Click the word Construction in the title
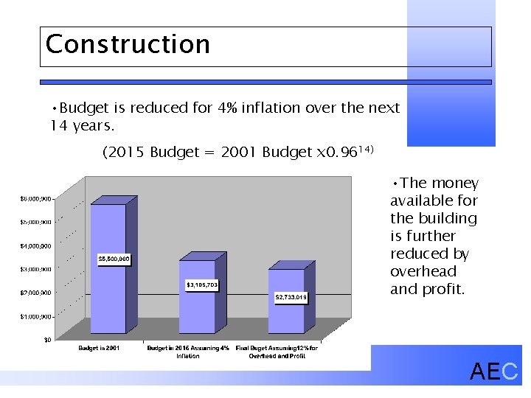[x=128, y=44]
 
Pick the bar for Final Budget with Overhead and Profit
[x=286, y=310]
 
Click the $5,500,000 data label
[x=114, y=259]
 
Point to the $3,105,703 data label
[x=201, y=284]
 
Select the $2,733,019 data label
[x=291, y=297]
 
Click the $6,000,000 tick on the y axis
[x=35, y=198]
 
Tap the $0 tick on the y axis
[x=46, y=340]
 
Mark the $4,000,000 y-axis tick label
[x=35, y=245]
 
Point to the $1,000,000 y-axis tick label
[x=35, y=316]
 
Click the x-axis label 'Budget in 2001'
[x=99, y=348]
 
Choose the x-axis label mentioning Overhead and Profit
[x=277, y=352]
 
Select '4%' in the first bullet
[x=226, y=108]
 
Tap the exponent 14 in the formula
[x=367, y=150]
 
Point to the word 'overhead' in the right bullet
[x=423, y=271]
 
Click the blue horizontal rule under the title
[x=265, y=83]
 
